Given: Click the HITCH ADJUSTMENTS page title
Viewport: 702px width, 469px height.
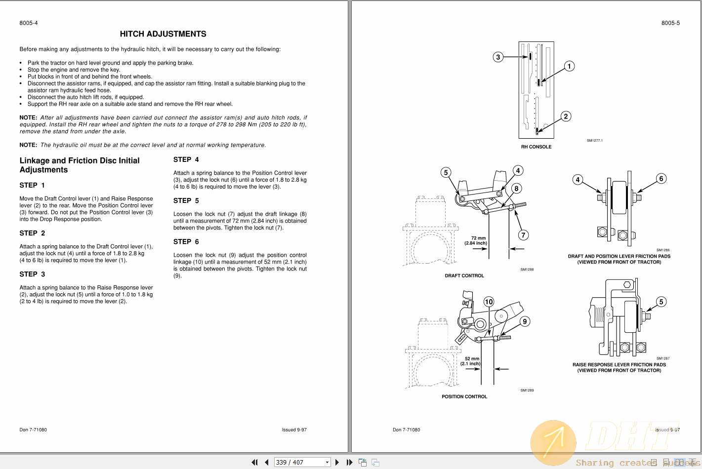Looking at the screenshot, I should coord(163,34).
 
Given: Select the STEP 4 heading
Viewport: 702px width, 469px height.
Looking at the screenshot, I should coord(186,159).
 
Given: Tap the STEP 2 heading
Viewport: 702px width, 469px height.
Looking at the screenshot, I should coord(32,233).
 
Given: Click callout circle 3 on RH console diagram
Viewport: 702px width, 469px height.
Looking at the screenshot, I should coord(498,57).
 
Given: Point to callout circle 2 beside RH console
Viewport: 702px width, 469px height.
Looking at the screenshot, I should coord(566,117).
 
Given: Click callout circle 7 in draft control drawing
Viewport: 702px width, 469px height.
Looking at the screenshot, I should coord(524,235).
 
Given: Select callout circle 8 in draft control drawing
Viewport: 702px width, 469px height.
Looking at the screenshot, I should coord(516,188).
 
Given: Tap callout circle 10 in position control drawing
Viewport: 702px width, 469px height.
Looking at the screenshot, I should coord(489,302).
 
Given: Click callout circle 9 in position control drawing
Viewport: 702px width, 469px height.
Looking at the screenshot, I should coord(525,321).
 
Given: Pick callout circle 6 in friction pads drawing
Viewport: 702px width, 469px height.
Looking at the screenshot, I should coord(661,179).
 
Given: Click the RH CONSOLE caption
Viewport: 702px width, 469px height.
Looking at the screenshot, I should coord(536,147).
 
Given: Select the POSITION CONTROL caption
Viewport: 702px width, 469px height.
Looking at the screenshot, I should coord(464,396).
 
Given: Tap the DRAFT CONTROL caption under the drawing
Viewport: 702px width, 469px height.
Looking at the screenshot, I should coord(464,275).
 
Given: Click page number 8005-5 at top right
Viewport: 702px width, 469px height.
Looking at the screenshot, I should coord(670,23).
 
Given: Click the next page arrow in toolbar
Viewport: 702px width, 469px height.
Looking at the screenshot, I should coord(337,462).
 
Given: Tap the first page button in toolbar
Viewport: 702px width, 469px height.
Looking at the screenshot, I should coord(254,462).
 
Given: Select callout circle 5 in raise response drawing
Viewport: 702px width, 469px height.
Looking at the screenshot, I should coord(661,302).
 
